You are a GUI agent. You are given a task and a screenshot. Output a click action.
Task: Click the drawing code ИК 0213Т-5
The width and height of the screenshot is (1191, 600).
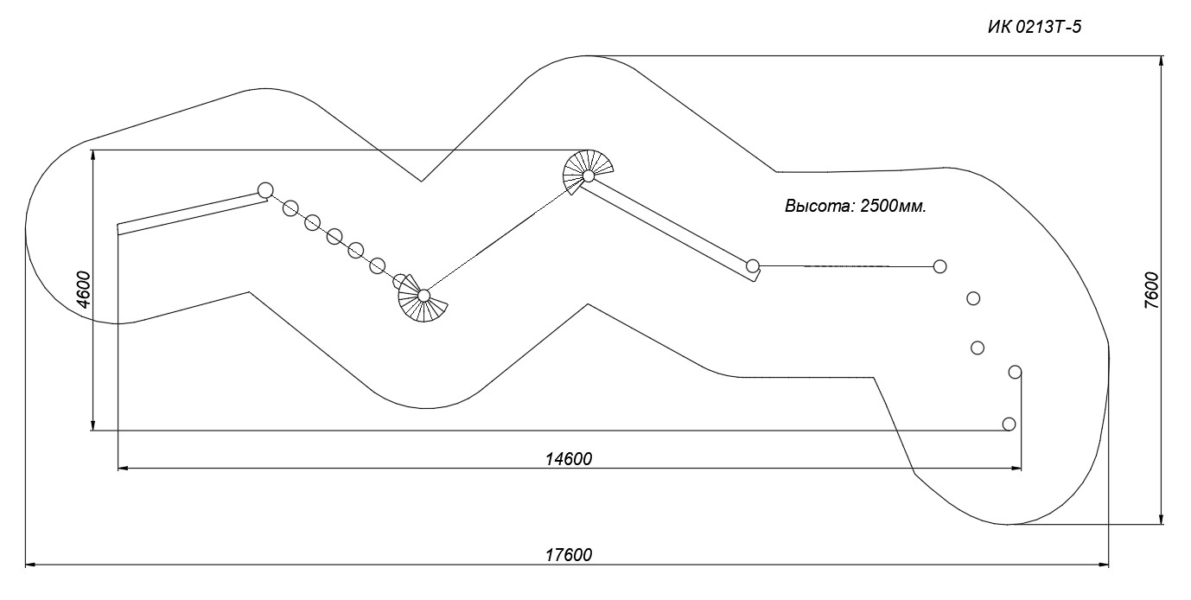coord(1035,27)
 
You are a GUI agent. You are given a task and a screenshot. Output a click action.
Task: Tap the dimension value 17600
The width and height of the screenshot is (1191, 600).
coord(569,555)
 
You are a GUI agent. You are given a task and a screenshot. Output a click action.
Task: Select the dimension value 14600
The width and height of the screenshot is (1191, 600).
coord(569,459)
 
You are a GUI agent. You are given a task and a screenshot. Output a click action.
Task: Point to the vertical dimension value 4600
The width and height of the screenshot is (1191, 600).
coord(84,290)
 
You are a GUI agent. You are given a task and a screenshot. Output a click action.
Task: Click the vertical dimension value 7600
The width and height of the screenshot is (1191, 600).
coord(1151,290)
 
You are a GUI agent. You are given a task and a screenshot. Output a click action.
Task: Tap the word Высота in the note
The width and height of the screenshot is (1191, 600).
coord(818,207)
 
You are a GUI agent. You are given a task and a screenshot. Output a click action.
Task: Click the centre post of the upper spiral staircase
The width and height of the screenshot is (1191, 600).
coord(589,176)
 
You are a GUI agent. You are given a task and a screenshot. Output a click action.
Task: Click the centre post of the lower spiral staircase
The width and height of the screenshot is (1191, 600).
coord(424,295)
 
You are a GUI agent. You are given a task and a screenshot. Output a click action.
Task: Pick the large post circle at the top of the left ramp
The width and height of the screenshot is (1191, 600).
coord(265,190)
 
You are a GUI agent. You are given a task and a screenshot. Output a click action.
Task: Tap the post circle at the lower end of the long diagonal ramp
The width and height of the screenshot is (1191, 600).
coord(752,265)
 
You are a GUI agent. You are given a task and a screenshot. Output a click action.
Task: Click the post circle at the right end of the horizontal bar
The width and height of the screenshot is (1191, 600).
coord(940,266)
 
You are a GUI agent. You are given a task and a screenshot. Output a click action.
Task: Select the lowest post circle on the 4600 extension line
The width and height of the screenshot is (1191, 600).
coord(1009,424)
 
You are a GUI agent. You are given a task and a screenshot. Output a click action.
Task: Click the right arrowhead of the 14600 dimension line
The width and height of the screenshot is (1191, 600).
coord(1016,469)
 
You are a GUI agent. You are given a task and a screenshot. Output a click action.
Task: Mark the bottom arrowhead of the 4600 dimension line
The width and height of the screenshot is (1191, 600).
coord(93,424)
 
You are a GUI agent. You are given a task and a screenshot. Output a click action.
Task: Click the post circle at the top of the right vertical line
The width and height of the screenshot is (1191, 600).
coord(1015,372)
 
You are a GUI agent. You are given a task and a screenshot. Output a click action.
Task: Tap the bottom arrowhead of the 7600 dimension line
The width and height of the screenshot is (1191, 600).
coord(1162,519)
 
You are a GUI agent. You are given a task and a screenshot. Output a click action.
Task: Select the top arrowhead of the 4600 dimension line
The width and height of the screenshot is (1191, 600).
coord(93,156)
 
